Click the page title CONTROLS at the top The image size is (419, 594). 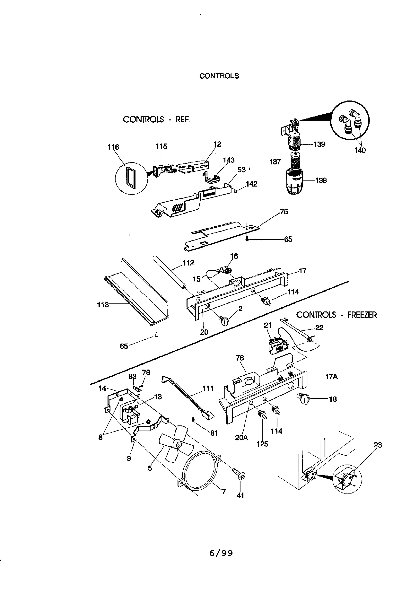(219, 76)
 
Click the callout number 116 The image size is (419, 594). (113, 147)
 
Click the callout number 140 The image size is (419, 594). (360, 150)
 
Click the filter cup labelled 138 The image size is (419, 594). (295, 182)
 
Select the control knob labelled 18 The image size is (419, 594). (303, 400)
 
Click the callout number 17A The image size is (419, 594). (331, 377)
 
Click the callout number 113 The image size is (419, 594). (103, 305)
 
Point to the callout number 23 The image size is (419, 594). (378, 445)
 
